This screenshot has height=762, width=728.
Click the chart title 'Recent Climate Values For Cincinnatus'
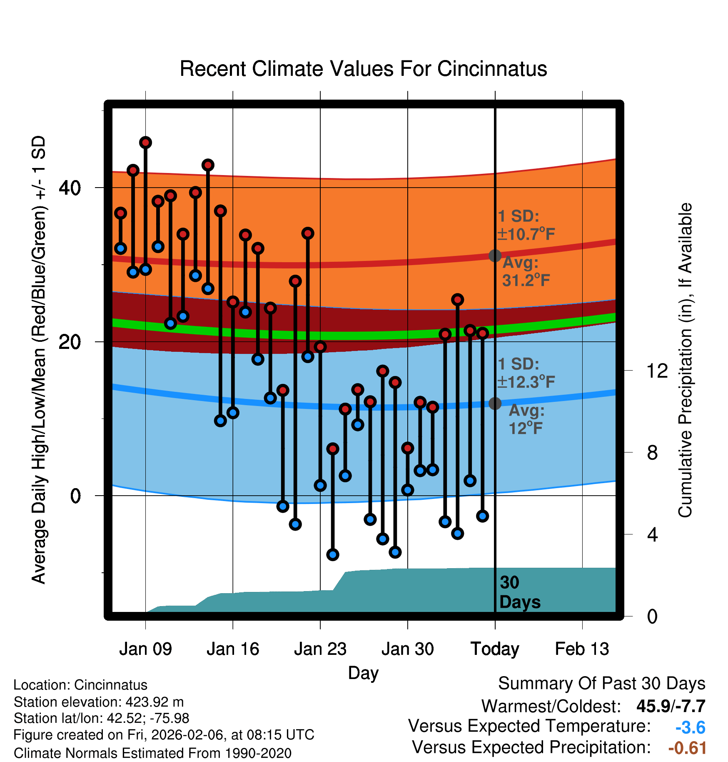click(363, 69)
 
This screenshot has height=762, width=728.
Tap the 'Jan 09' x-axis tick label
click(145, 649)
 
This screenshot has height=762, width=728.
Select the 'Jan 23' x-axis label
click(320, 649)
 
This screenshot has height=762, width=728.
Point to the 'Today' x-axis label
click(495, 649)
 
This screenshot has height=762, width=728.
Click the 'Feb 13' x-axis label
click(582, 649)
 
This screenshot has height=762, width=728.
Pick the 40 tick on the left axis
click(70, 188)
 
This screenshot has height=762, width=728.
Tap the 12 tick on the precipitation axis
click(657, 371)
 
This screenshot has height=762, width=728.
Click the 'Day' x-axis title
click(363, 673)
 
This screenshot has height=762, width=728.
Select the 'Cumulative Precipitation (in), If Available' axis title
click(685, 360)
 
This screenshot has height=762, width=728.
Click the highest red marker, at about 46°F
click(145, 143)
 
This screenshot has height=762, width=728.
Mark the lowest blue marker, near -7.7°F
click(333, 554)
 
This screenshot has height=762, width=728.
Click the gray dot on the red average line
click(495, 256)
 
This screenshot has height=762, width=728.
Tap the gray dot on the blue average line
click(495, 403)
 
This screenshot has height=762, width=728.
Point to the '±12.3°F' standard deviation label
click(526, 382)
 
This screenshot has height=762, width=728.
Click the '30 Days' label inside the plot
click(519, 592)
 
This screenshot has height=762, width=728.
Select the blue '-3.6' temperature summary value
click(690, 728)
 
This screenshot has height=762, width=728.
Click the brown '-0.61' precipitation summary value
click(687, 748)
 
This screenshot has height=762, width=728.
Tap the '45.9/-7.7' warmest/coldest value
click(671, 706)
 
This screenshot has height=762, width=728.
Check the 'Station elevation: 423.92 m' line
click(99, 702)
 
